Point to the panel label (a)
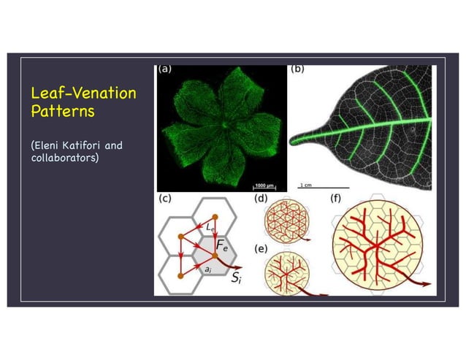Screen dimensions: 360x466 [x=165, y=71]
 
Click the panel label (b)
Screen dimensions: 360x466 [x=298, y=71]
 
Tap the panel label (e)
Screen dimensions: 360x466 [x=260, y=248]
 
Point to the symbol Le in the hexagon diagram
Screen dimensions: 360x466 [x=210, y=229]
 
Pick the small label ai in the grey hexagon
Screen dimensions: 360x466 [x=209, y=269]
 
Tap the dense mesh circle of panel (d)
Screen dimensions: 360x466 [x=280, y=220]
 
